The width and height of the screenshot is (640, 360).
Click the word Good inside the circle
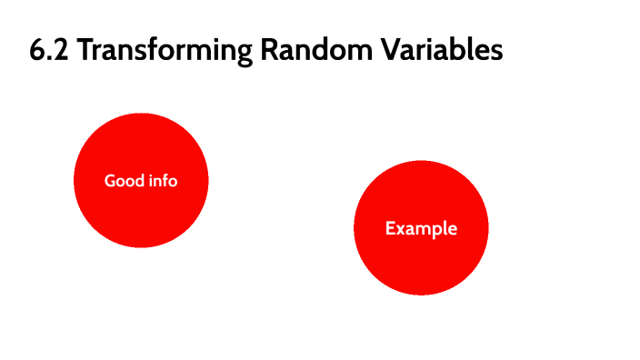[x=124, y=181]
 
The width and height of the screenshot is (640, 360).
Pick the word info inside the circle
[x=164, y=181]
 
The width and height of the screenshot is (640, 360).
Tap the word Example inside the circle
[x=421, y=228]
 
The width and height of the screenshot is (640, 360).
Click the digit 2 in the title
[x=61, y=51]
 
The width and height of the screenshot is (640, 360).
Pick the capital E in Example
[x=390, y=228]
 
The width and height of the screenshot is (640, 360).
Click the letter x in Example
[x=401, y=229]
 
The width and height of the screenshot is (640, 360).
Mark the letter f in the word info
[x=166, y=180]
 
